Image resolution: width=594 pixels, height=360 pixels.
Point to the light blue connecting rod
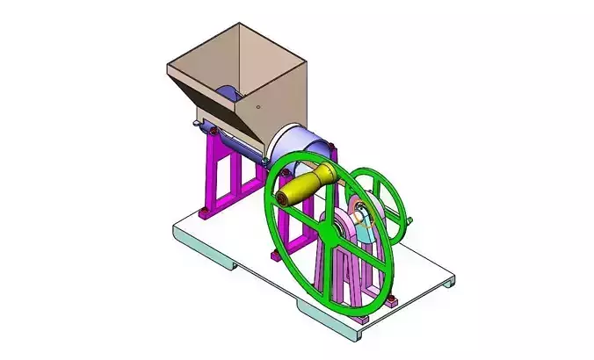pyautogui.click(x=368, y=230)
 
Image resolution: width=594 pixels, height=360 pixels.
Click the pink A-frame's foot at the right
pyautogui.click(x=392, y=303)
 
